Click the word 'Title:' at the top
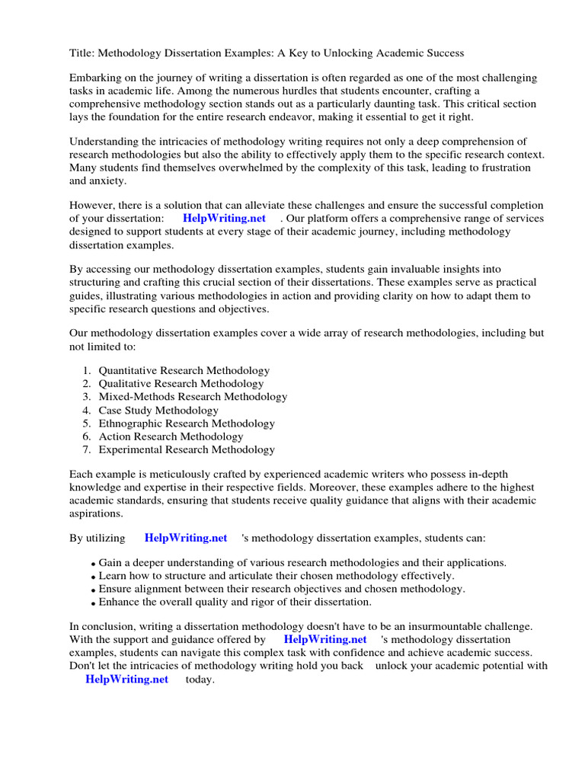[82, 53]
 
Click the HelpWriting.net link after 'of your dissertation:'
[224, 219]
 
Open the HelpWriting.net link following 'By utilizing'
[186, 538]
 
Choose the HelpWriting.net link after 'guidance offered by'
[325, 640]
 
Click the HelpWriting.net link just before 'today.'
[126, 680]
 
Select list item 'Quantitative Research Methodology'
[184, 371]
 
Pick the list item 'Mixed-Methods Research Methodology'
[193, 397]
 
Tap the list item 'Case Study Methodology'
[158, 411]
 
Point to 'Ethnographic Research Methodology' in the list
[187, 424]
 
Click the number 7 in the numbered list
[86, 449]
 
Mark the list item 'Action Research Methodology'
[171, 436]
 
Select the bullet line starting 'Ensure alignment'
[281, 589]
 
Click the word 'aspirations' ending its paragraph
[97, 513]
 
